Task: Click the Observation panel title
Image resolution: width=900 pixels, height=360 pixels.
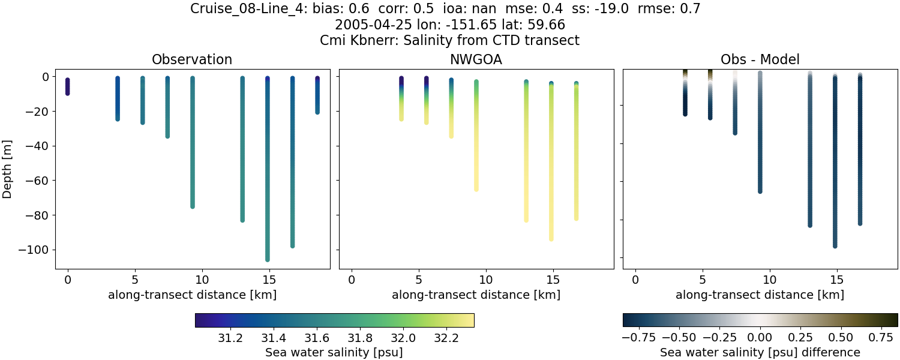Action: pyautogui.click(x=192, y=59)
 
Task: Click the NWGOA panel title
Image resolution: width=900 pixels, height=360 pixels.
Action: pyautogui.click(x=476, y=59)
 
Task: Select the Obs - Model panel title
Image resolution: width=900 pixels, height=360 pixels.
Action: pyautogui.click(x=760, y=59)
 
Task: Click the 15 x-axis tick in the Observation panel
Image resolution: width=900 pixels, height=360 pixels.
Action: pyautogui.click(x=269, y=280)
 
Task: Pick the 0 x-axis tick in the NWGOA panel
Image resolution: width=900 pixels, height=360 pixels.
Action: pyautogui.click(x=352, y=280)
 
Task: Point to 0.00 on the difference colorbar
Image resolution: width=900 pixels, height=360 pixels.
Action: pyautogui.click(x=760, y=338)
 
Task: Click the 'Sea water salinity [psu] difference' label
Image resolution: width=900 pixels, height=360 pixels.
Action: pyautogui.click(x=760, y=352)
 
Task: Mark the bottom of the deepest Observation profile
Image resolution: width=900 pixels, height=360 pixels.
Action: pyautogui.click(x=267, y=259)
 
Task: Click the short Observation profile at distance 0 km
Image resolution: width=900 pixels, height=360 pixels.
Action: pyautogui.click(x=68, y=86)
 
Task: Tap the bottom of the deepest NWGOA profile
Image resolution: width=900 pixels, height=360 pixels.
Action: pyautogui.click(x=551, y=239)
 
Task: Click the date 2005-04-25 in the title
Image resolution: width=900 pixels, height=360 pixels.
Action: pyautogui.click(x=365, y=25)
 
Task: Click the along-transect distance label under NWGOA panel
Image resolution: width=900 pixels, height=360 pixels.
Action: pyautogui.click(x=476, y=295)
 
